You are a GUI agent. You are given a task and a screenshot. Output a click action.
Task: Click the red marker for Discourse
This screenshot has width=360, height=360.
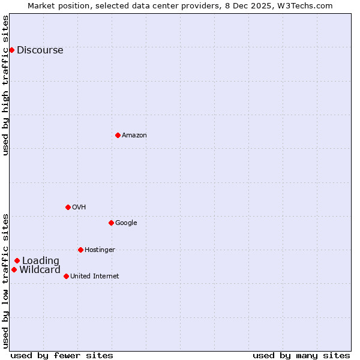click(x=11, y=50)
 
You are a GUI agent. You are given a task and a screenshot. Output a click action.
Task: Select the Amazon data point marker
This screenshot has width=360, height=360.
click(x=118, y=135)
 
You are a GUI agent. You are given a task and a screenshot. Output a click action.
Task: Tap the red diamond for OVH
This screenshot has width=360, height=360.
click(x=68, y=207)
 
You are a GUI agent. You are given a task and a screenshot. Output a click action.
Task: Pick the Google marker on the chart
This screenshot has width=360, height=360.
click(x=111, y=223)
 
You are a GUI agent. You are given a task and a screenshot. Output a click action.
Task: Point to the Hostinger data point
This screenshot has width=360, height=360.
click(x=80, y=250)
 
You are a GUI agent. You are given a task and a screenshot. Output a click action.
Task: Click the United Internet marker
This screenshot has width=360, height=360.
click(x=66, y=276)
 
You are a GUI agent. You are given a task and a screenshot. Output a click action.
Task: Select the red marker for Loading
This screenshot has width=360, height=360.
click(x=17, y=260)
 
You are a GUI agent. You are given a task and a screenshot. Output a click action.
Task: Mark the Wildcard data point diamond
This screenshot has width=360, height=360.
click(x=14, y=269)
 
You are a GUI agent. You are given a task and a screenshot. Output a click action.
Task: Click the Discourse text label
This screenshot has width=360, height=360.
click(x=40, y=50)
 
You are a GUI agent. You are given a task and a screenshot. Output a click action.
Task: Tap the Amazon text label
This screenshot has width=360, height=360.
click(x=134, y=136)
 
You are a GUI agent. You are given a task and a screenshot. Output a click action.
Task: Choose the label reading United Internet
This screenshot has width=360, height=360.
click(x=94, y=277)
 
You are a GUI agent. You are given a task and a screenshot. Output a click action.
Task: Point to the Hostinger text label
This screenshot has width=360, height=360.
click(x=100, y=250)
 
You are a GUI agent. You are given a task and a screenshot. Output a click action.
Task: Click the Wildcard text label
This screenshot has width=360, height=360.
click(x=40, y=270)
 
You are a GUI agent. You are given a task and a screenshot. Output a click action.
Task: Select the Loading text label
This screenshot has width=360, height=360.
click(x=41, y=261)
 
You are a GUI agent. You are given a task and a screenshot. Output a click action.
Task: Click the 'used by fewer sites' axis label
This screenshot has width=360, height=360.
click(x=62, y=355)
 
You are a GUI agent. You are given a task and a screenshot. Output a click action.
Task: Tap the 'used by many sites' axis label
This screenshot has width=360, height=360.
click(x=301, y=355)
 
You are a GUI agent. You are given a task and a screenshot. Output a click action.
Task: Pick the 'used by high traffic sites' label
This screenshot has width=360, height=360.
click(x=6, y=85)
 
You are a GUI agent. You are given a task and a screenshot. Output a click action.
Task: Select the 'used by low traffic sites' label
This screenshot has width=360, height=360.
click(x=6, y=281)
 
